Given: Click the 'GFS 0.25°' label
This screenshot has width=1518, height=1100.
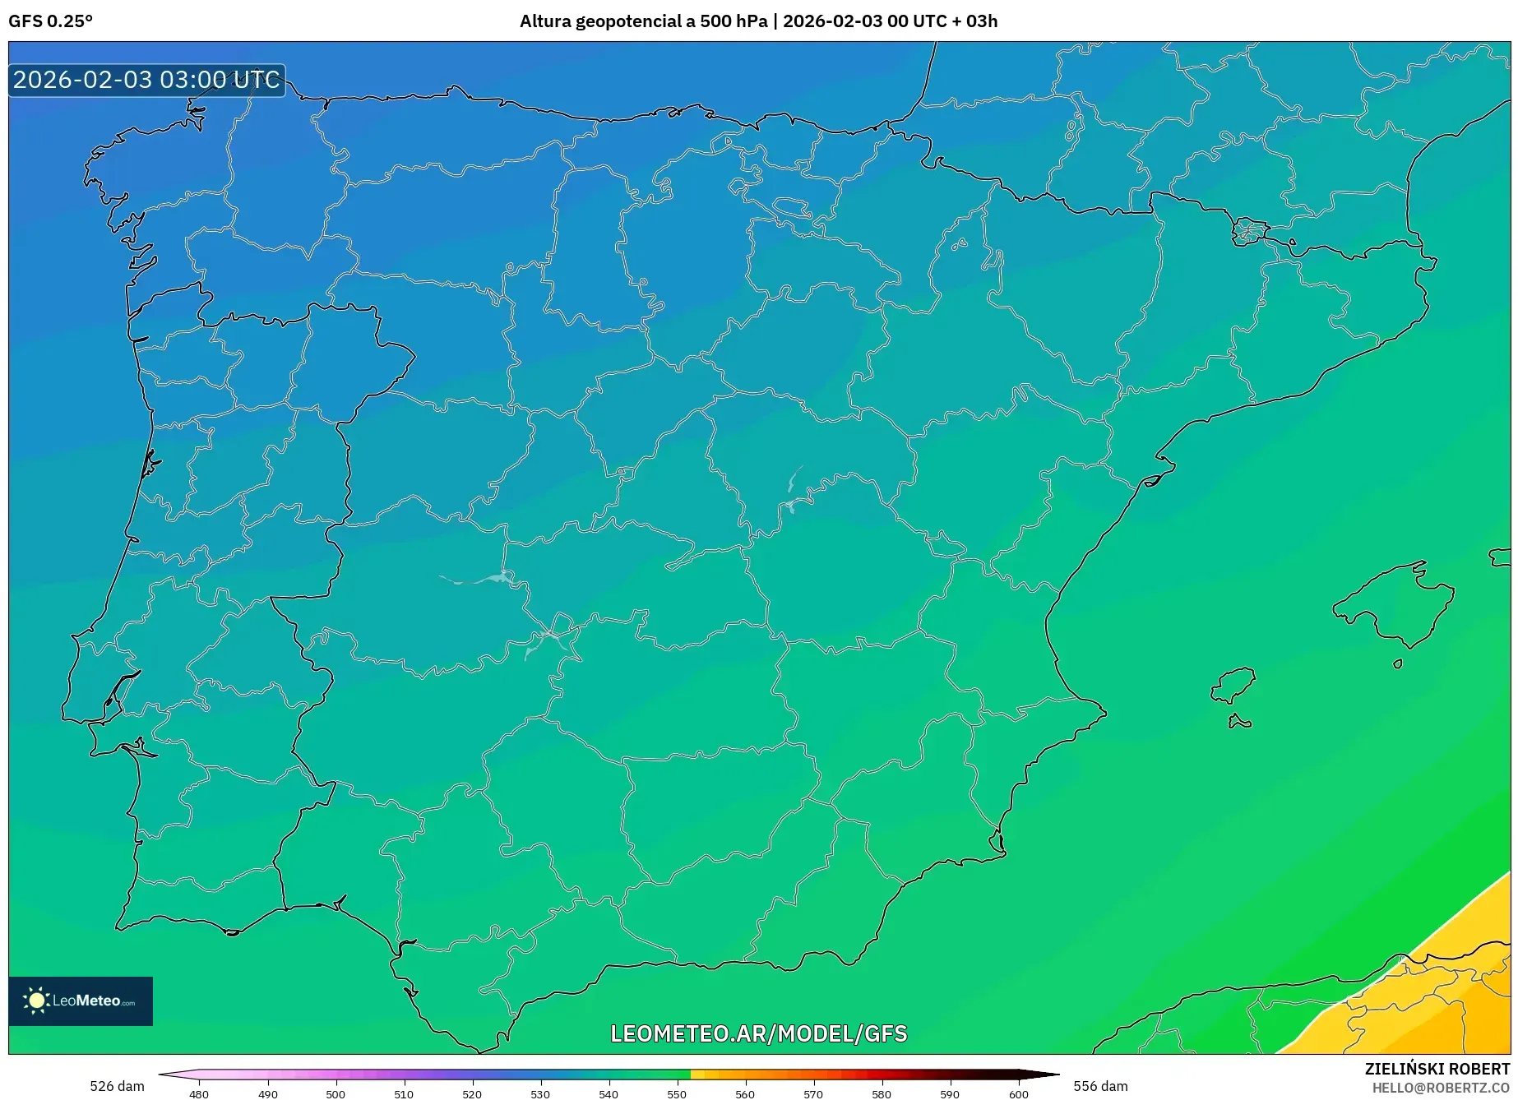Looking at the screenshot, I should pyautogui.click(x=50, y=21).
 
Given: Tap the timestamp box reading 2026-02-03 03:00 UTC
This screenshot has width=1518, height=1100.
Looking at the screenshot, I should pyautogui.click(x=147, y=80).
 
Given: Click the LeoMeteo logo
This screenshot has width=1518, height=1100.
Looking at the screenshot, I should pyautogui.click(x=81, y=1001).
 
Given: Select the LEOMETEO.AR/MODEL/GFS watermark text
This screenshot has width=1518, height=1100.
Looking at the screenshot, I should pyautogui.click(x=758, y=1033).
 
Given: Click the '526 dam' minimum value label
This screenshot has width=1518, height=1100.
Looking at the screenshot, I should pyautogui.click(x=117, y=1086).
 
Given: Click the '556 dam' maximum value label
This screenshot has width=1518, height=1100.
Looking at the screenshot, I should pyautogui.click(x=1100, y=1086).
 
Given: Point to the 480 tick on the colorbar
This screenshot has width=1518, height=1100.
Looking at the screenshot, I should pyautogui.click(x=199, y=1093).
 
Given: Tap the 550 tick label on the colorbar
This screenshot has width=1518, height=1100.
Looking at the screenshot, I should pyautogui.click(x=677, y=1094).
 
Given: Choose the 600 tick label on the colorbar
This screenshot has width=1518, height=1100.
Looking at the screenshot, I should pyautogui.click(x=1018, y=1094).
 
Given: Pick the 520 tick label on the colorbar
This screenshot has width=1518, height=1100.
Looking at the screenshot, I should pyautogui.click(x=472, y=1094).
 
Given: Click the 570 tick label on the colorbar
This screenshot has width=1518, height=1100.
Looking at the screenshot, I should pyautogui.click(x=813, y=1094).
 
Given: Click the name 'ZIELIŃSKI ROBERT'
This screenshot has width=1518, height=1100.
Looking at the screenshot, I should pyautogui.click(x=1437, y=1069).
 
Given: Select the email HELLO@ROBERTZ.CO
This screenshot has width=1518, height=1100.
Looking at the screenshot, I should pyautogui.click(x=1440, y=1088).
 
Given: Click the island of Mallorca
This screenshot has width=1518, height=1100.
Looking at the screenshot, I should pyautogui.click(x=1395, y=604).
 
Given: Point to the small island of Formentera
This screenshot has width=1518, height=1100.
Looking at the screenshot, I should pyautogui.click(x=1239, y=723).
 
